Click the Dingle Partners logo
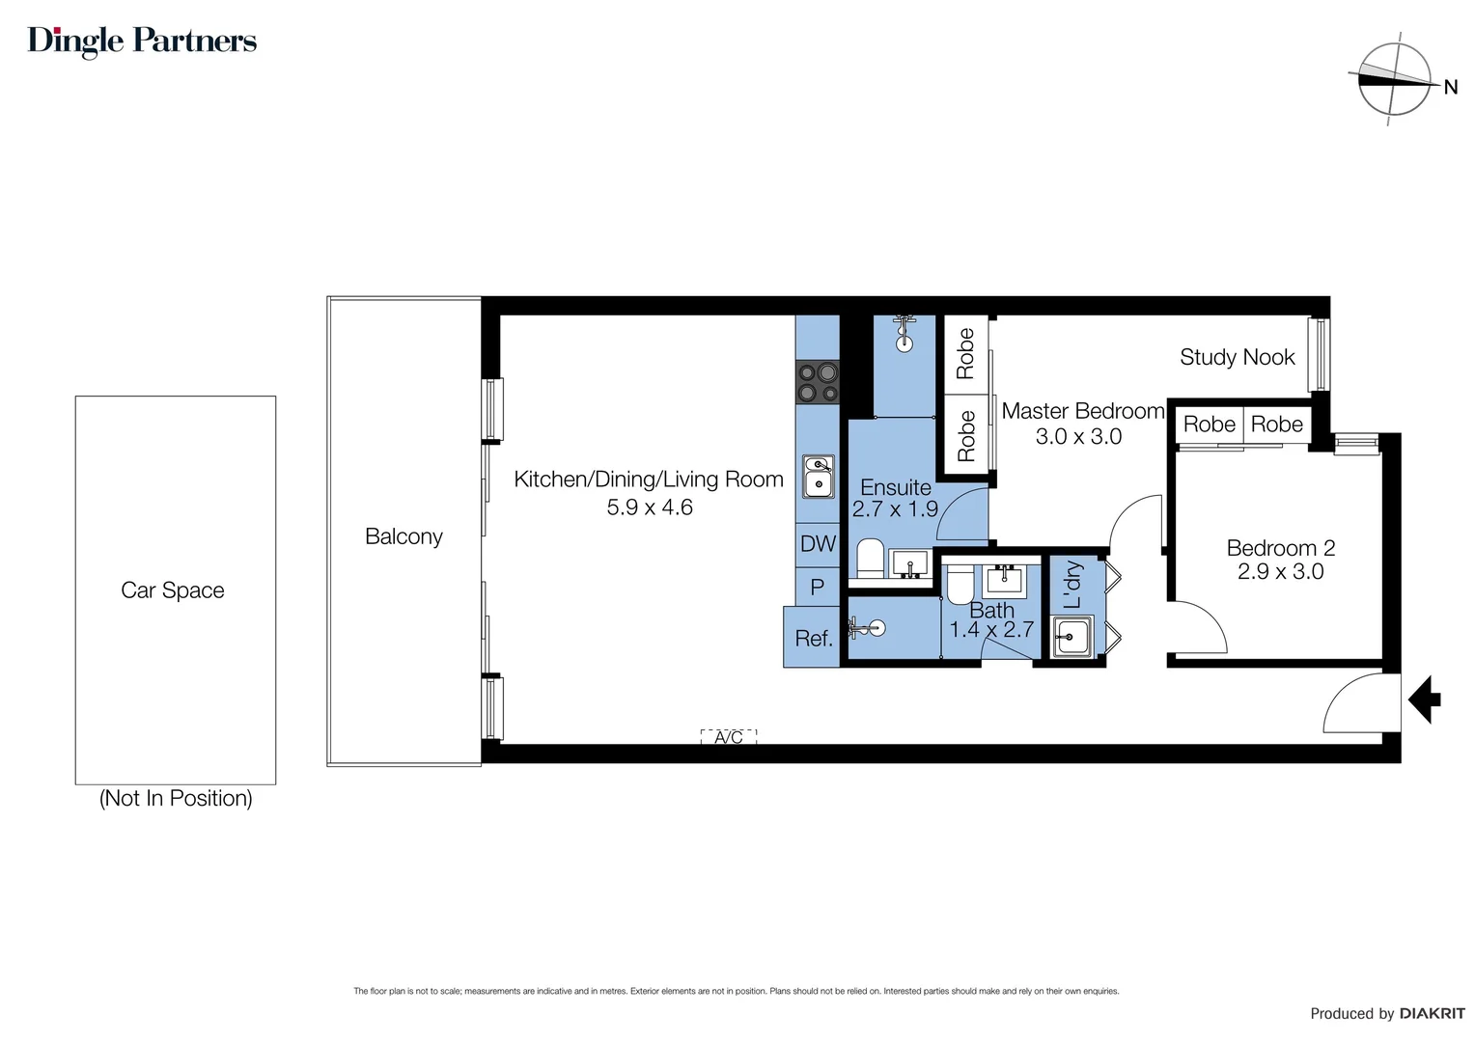[142, 41]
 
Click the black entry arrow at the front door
[1424, 699]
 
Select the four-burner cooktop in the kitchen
[817, 382]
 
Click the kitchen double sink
[819, 477]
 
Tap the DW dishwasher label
[818, 543]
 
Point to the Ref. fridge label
[813, 638]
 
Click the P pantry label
[818, 587]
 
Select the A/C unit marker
[729, 737]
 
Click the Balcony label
[404, 536]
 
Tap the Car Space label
[173, 590]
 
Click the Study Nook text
[1237, 357]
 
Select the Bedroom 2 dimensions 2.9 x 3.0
[1280, 571]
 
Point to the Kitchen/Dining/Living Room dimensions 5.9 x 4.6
[649, 507]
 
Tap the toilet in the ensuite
[870, 558]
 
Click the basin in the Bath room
[1004, 581]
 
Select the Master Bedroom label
[1082, 411]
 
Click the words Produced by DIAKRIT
[1386, 1013]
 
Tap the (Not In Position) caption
[176, 798]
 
